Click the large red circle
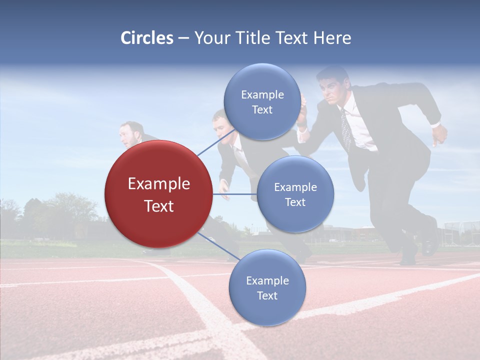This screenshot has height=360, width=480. (x=158, y=194)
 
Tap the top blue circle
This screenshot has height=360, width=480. (x=262, y=101)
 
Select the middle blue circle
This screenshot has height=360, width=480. (x=295, y=194)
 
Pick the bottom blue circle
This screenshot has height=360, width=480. (x=267, y=287)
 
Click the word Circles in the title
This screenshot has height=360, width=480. (x=147, y=38)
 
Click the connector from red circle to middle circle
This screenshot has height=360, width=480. (x=234, y=194)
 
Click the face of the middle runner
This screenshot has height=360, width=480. (x=220, y=126)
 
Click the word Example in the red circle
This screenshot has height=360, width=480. (x=159, y=184)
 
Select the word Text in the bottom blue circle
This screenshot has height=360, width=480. (x=267, y=295)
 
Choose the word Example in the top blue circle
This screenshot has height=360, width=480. (x=262, y=94)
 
